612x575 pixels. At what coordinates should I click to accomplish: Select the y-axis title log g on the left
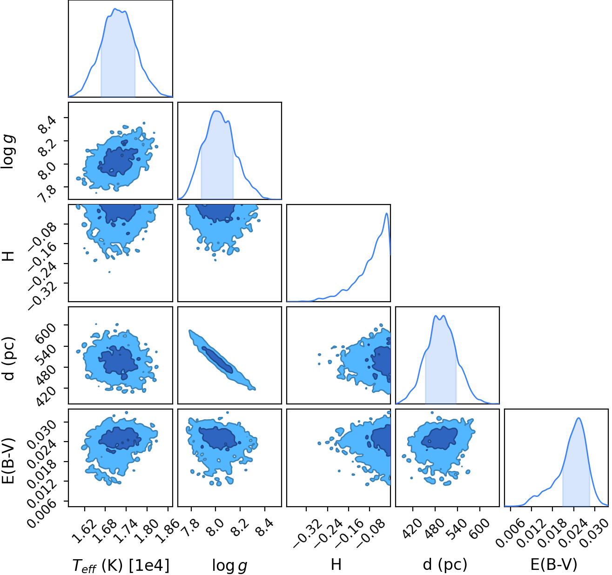click(x=9, y=152)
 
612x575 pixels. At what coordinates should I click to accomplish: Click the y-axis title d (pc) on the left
click(x=9, y=358)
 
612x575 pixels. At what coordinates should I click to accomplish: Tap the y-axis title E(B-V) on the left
click(x=9, y=461)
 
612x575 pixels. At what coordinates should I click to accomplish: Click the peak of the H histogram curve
click(x=386, y=213)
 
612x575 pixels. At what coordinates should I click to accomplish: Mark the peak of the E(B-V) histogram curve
click(x=578, y=418)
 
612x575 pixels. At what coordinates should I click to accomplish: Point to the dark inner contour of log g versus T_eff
click(x=119, y=162)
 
